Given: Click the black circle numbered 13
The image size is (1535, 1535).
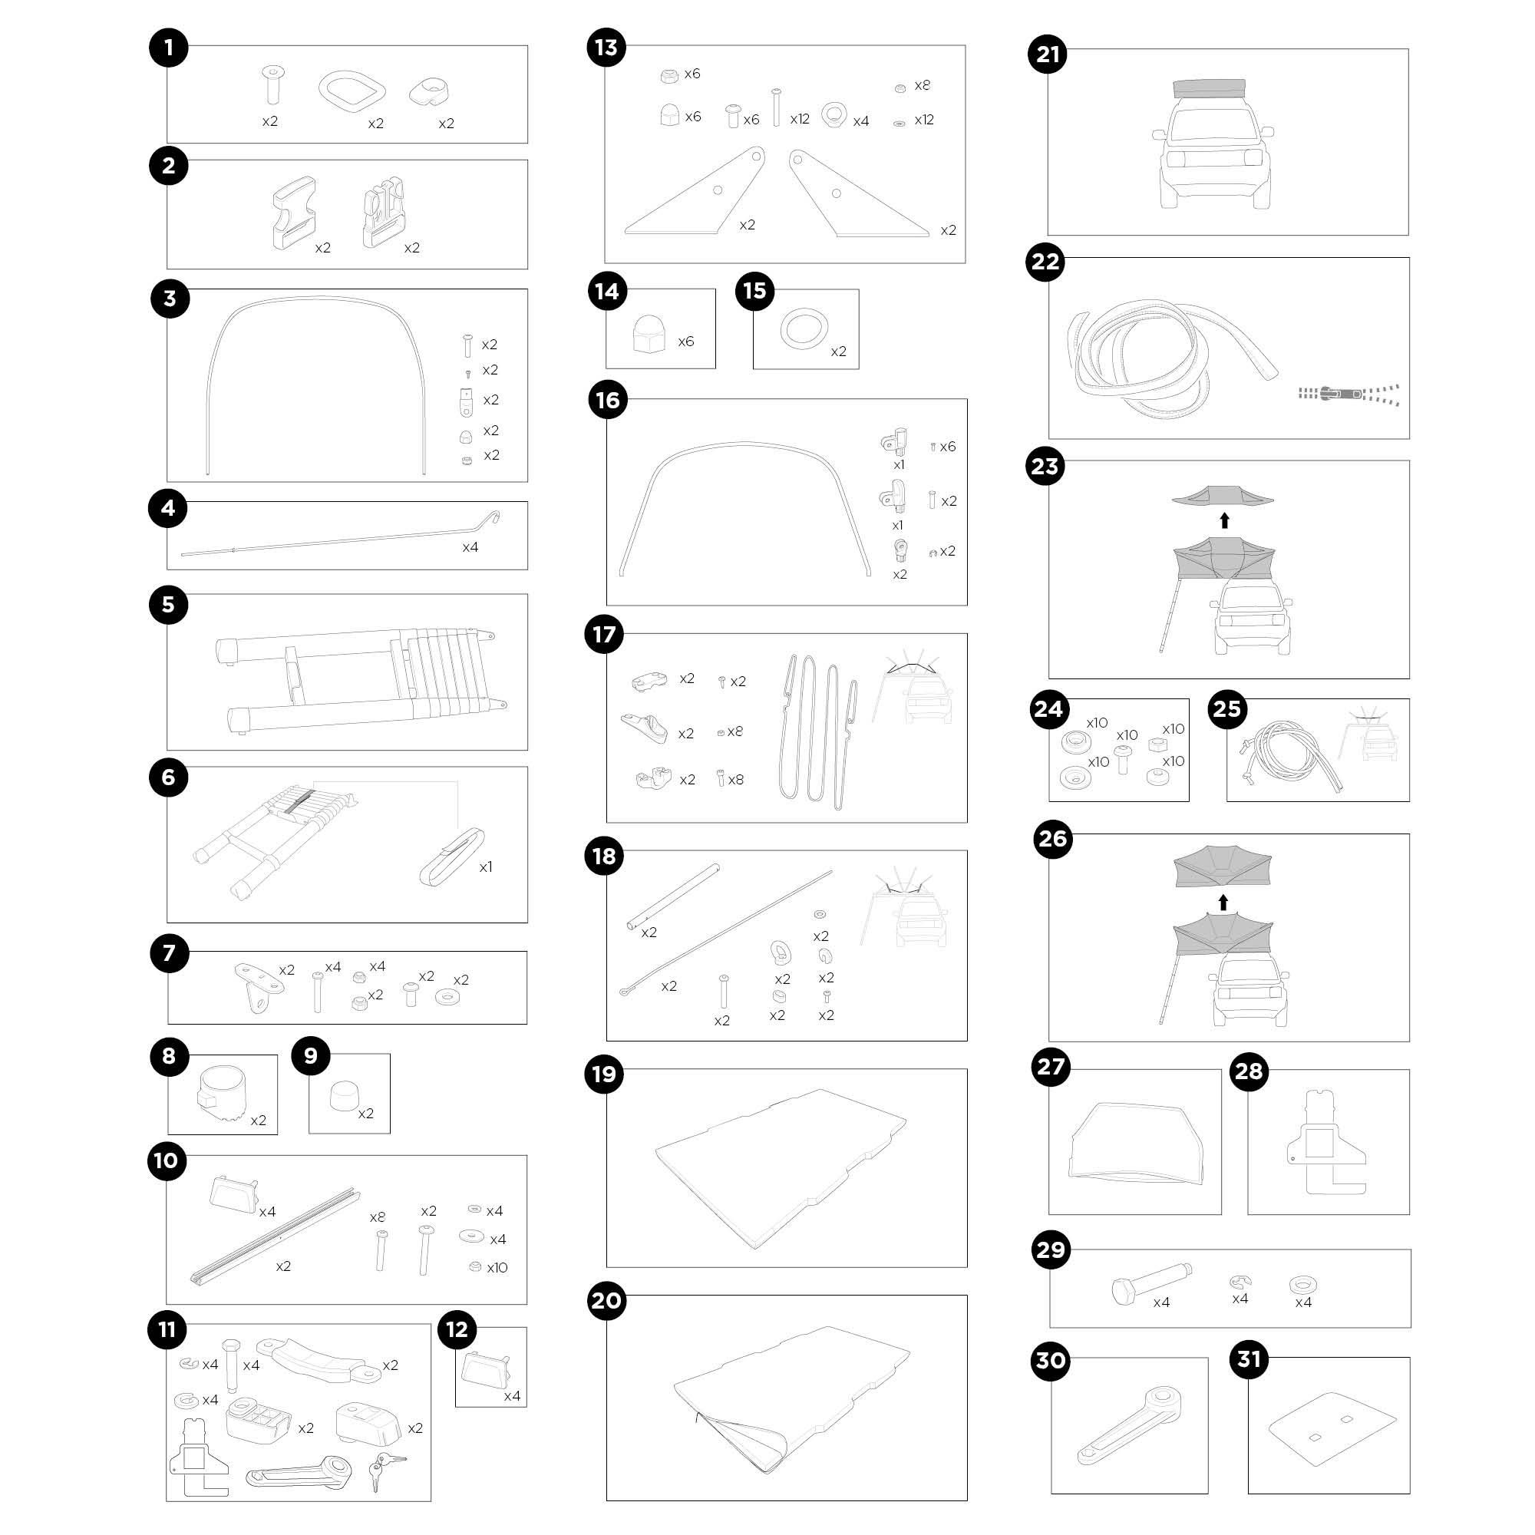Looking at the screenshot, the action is [606, 48].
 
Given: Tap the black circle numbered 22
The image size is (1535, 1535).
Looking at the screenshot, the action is [1045, 262].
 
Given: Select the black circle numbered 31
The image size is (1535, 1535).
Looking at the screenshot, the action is [1249, 1358].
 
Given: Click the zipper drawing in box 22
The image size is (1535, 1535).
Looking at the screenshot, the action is [1348, 393].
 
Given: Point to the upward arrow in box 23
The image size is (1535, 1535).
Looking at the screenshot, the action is [1224, 521].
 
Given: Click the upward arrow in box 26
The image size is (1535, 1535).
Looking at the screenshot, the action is [1223, 903].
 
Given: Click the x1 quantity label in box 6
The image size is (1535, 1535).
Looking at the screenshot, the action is [486, 867].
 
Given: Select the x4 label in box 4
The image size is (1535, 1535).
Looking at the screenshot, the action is [470, 547].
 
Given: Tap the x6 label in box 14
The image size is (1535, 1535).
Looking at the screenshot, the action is [685, 342].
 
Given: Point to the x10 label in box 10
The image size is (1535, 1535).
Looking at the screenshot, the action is [497, 1267].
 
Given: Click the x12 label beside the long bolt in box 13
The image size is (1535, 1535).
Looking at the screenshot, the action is [800, 119].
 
